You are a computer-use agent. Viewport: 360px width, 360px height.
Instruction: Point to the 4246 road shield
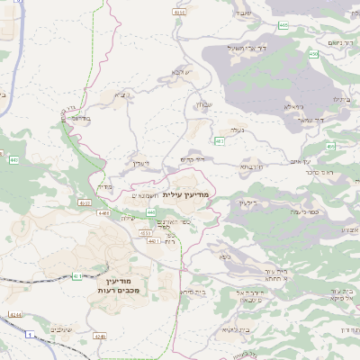click(x=99, y=335)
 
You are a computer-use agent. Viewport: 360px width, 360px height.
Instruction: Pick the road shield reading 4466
click(x=104, y=213)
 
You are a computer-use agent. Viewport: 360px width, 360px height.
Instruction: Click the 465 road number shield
click(x=284, y=26)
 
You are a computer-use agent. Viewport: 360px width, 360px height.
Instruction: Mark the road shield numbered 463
click(x=220, y=141)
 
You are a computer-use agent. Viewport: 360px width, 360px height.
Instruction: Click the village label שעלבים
click(x=61, y=328)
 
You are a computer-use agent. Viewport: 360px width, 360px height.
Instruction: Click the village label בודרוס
click(x=81, y=115)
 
